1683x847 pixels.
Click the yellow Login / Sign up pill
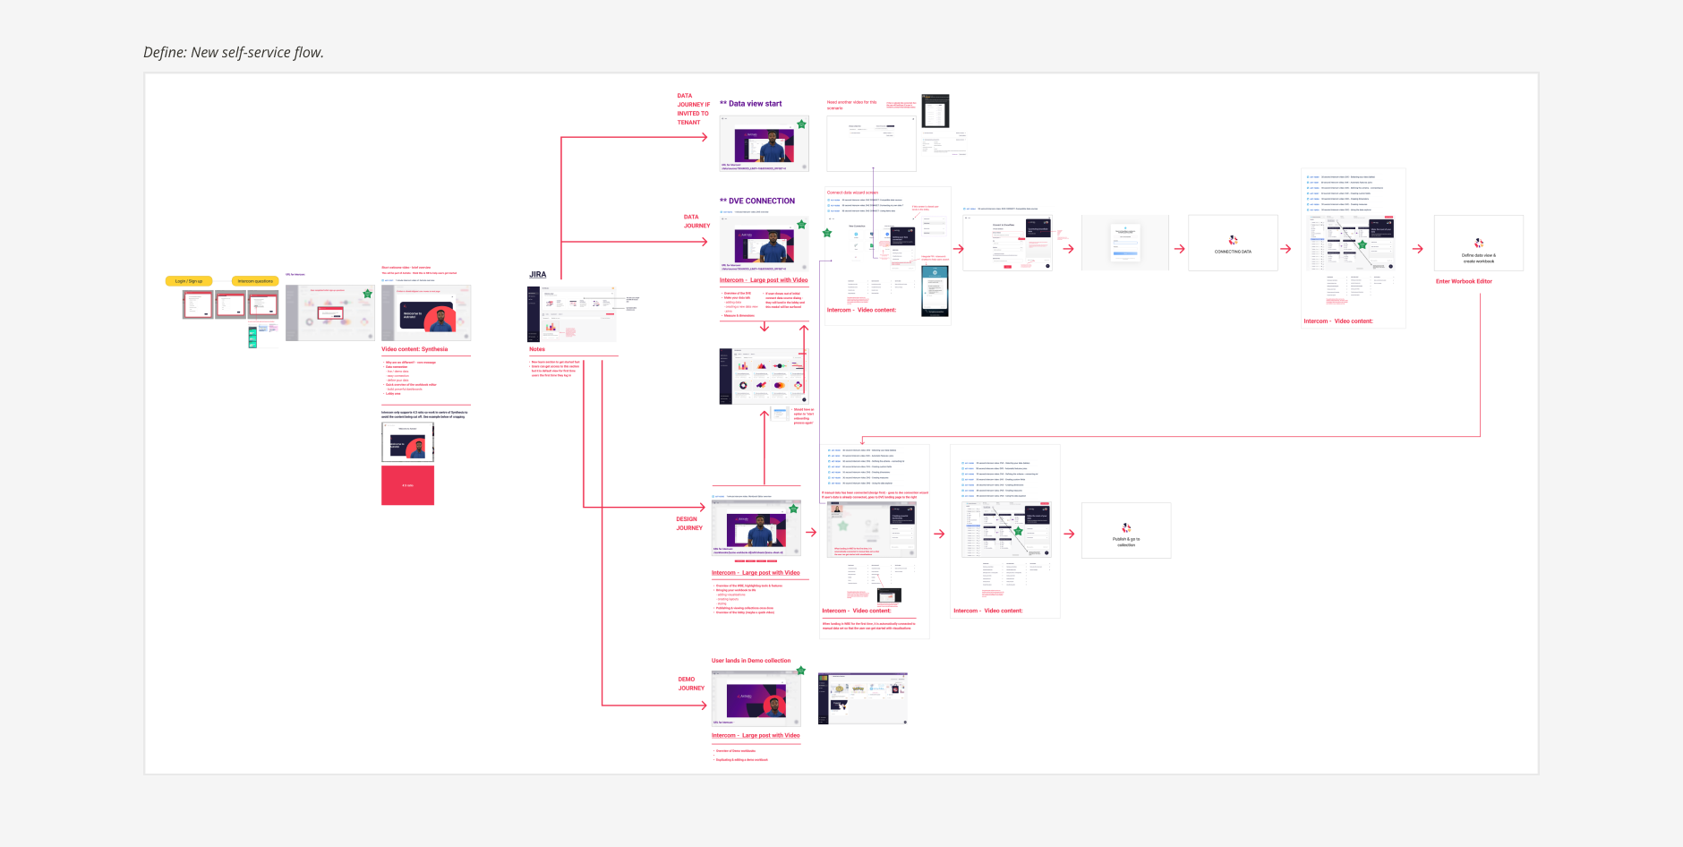[189, 281]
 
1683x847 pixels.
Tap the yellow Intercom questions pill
[255, 281]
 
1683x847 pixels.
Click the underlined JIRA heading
[537, 275]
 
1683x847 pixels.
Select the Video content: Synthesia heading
[414, 349]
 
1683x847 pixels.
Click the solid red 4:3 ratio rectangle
[407, 485]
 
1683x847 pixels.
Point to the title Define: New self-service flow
[234, 53]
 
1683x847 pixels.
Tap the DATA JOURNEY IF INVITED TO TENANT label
[692, 109]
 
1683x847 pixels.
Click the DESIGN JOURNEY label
[688, 524]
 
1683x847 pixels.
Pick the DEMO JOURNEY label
[690, 684]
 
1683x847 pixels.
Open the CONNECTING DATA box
[1233, 243]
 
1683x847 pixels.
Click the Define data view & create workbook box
[1478, 244]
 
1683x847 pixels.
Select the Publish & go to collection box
[1125, 531]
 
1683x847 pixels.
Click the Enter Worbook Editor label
[1464, 281]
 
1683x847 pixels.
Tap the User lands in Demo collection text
[751, 661]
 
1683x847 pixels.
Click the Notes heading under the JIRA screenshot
[537, 349]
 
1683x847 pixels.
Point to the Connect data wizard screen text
[852, 192]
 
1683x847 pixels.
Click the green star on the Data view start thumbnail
[801, 124]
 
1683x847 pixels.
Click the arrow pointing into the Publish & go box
[1069, 534]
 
